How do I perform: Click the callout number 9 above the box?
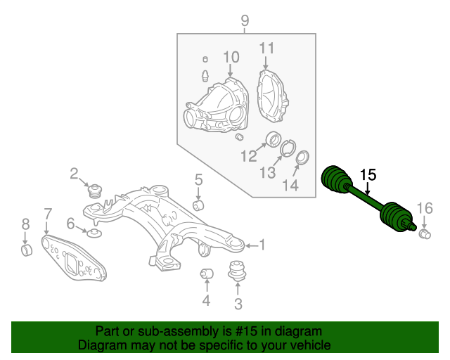245,20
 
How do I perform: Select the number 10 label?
231,57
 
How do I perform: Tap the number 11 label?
266,49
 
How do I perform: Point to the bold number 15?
368,175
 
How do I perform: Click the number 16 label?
425,207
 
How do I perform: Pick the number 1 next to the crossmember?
262,245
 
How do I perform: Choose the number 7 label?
47,214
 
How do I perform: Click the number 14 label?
290,186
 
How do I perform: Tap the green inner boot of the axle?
335,179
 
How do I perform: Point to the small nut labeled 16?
425,233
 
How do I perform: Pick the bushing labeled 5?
198,205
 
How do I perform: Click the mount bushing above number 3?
238,271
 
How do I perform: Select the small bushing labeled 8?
26,250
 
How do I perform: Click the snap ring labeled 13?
288,148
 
